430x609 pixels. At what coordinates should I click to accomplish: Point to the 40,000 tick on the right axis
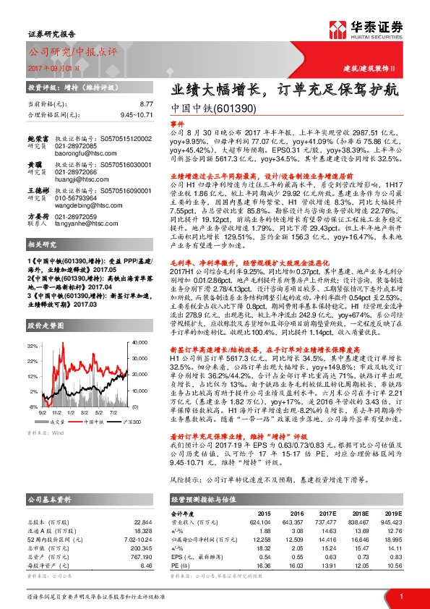point(141,321)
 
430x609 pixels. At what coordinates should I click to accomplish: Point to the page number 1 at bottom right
point(401,596)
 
